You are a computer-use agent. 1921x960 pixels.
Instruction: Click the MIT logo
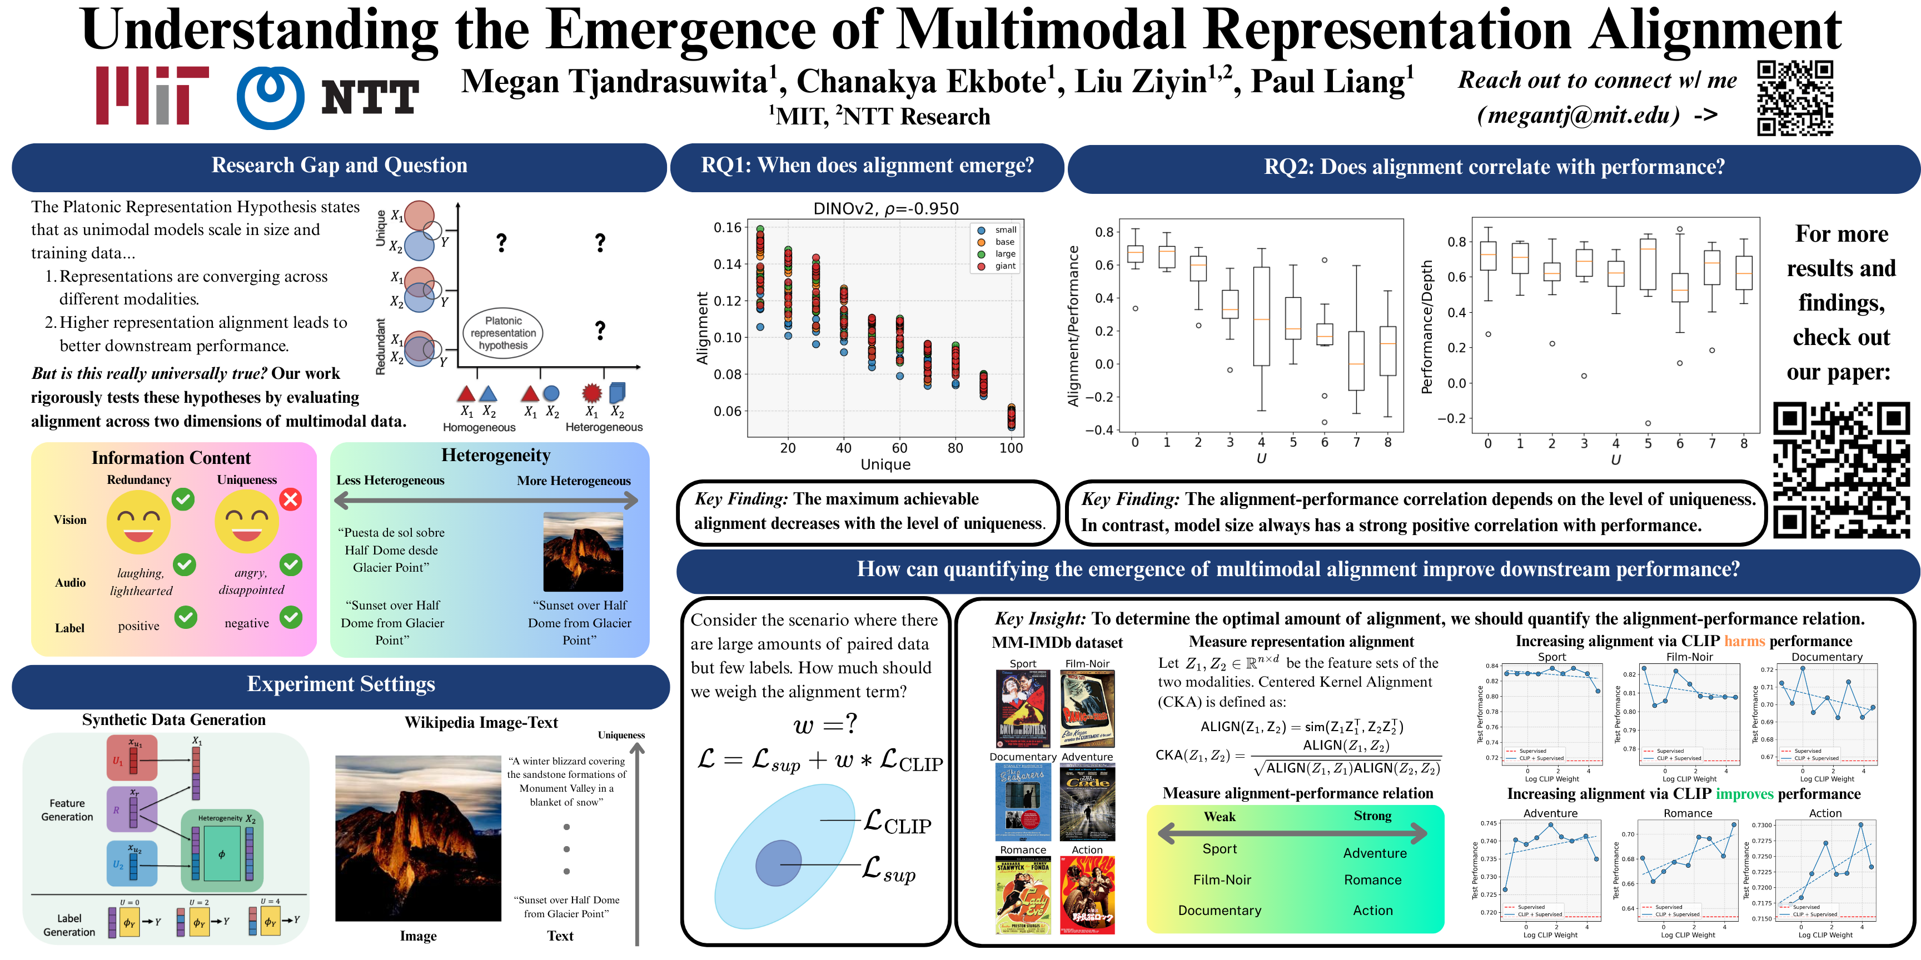point(152,96)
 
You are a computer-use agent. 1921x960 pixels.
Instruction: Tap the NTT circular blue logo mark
point(270,98)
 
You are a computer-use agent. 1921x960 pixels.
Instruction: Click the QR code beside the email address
point(1795,98)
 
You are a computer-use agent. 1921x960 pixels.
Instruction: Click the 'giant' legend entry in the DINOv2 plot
point(1004,266)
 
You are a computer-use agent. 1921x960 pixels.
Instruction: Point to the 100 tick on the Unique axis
point(1011,448)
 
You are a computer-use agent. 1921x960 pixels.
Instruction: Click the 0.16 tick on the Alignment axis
point(727,227)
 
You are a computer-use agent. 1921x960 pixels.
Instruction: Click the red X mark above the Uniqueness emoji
point(291,499)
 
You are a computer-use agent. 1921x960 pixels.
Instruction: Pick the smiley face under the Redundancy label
point(139,522)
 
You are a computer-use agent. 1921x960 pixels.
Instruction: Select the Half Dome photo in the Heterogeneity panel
point(583,552)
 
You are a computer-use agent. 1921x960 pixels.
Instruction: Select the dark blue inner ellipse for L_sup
point(778,863)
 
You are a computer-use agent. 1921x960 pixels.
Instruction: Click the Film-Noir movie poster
point(1087,709)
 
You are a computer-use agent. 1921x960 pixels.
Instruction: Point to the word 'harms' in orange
point(1744,641)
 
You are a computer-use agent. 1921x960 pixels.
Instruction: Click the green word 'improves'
point(1744,794)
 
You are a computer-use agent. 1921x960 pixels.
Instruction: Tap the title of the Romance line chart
point(1688,813)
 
